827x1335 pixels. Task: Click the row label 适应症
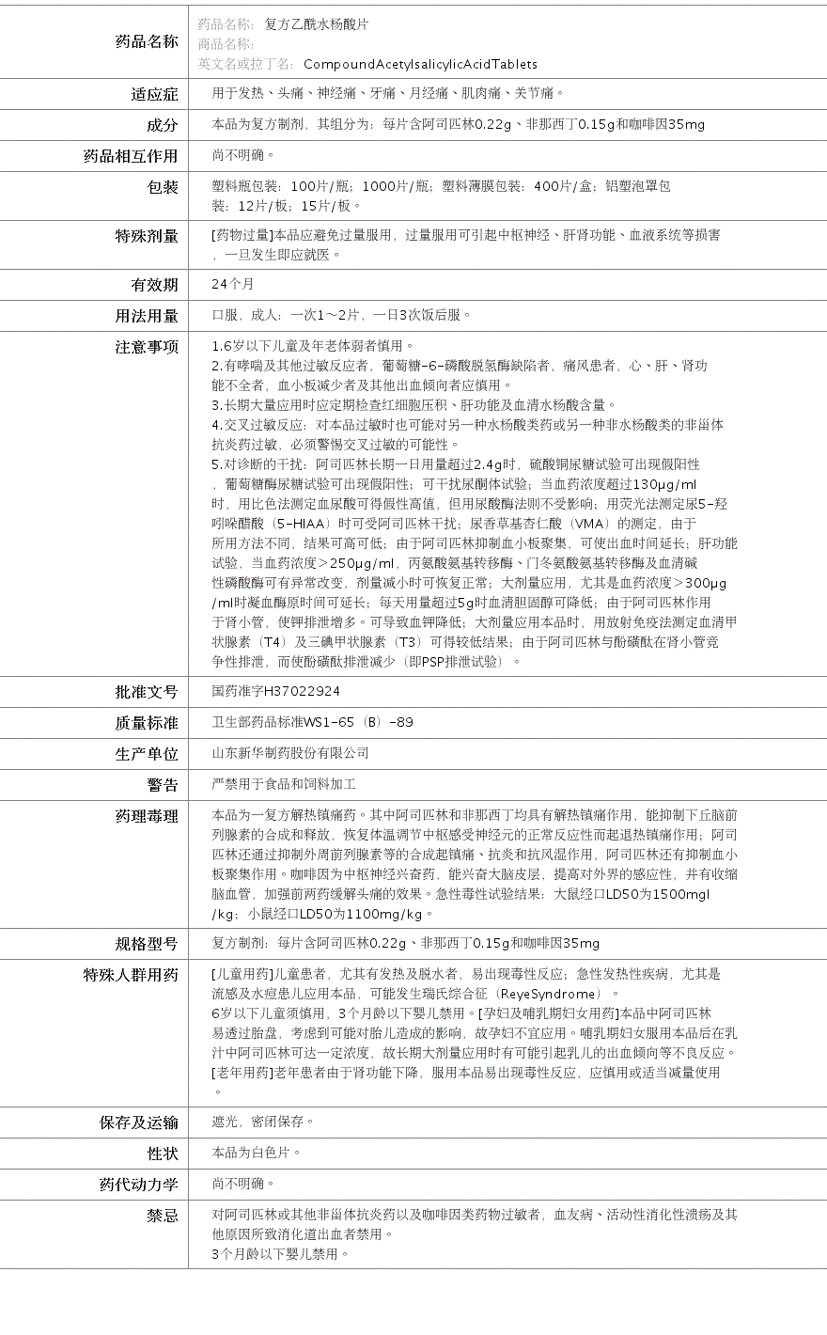pos(154,94)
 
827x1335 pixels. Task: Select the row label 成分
pos(162,125)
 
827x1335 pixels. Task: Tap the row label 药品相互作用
pos(131,156)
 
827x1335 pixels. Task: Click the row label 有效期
pos(154,284)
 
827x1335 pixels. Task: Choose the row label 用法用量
pos(147,315)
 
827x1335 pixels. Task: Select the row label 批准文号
pos(147,692)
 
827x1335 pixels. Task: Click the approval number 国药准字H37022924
pos(276,691)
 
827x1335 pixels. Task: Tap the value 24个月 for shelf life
pos(233,284)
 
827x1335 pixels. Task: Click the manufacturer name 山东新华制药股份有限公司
pos(290,753)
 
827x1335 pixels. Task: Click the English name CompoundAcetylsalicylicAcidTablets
pos(420,64)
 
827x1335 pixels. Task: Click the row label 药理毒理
pos(147,816)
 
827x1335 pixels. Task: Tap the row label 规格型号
pos(147,944)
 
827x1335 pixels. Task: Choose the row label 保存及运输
pos(139,1123)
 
